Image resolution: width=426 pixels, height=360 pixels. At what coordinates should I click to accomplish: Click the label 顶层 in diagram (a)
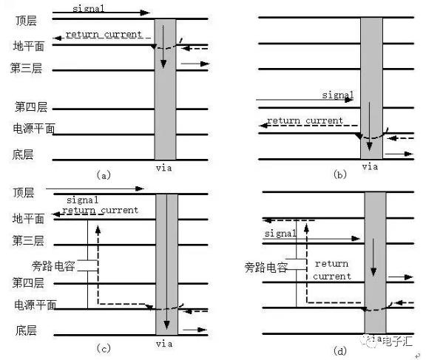(26, 21)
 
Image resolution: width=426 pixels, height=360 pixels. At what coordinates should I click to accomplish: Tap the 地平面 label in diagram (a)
(29, 46)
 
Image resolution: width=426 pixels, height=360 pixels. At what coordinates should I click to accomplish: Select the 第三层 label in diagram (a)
(26, 68)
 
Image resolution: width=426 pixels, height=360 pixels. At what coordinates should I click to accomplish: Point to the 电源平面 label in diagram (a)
(34, 129)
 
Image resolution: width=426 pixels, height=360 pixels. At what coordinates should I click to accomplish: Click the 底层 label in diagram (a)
(23, 154)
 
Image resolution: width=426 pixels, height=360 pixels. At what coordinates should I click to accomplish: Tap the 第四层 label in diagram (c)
(28, 282)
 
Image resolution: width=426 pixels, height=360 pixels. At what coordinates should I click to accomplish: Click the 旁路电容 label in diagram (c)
(53, 266)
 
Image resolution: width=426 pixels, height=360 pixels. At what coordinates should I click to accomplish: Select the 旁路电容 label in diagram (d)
(266, 268)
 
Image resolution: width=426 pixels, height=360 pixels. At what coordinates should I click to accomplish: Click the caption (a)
(104, 174)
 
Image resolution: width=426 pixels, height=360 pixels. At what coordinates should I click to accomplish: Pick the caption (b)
(339, 174)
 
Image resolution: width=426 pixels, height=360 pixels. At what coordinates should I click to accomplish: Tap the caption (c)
(104, 347)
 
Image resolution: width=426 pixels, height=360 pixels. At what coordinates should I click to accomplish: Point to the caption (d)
(339, 351)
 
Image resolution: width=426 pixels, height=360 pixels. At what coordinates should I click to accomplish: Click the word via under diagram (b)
(370, 166)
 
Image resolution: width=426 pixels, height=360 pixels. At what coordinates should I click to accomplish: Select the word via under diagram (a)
(164, 168)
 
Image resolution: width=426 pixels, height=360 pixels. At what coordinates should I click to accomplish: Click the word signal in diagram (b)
(338, 95)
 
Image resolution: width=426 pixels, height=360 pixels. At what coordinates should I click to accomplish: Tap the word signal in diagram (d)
(280, 233)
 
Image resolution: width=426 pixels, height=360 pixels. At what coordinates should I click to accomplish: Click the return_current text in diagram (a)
(104, 35)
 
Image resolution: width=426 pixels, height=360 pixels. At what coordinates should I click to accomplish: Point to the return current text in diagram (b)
(305, 120)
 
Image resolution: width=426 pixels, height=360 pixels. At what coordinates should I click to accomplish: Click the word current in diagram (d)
(332, 276)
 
